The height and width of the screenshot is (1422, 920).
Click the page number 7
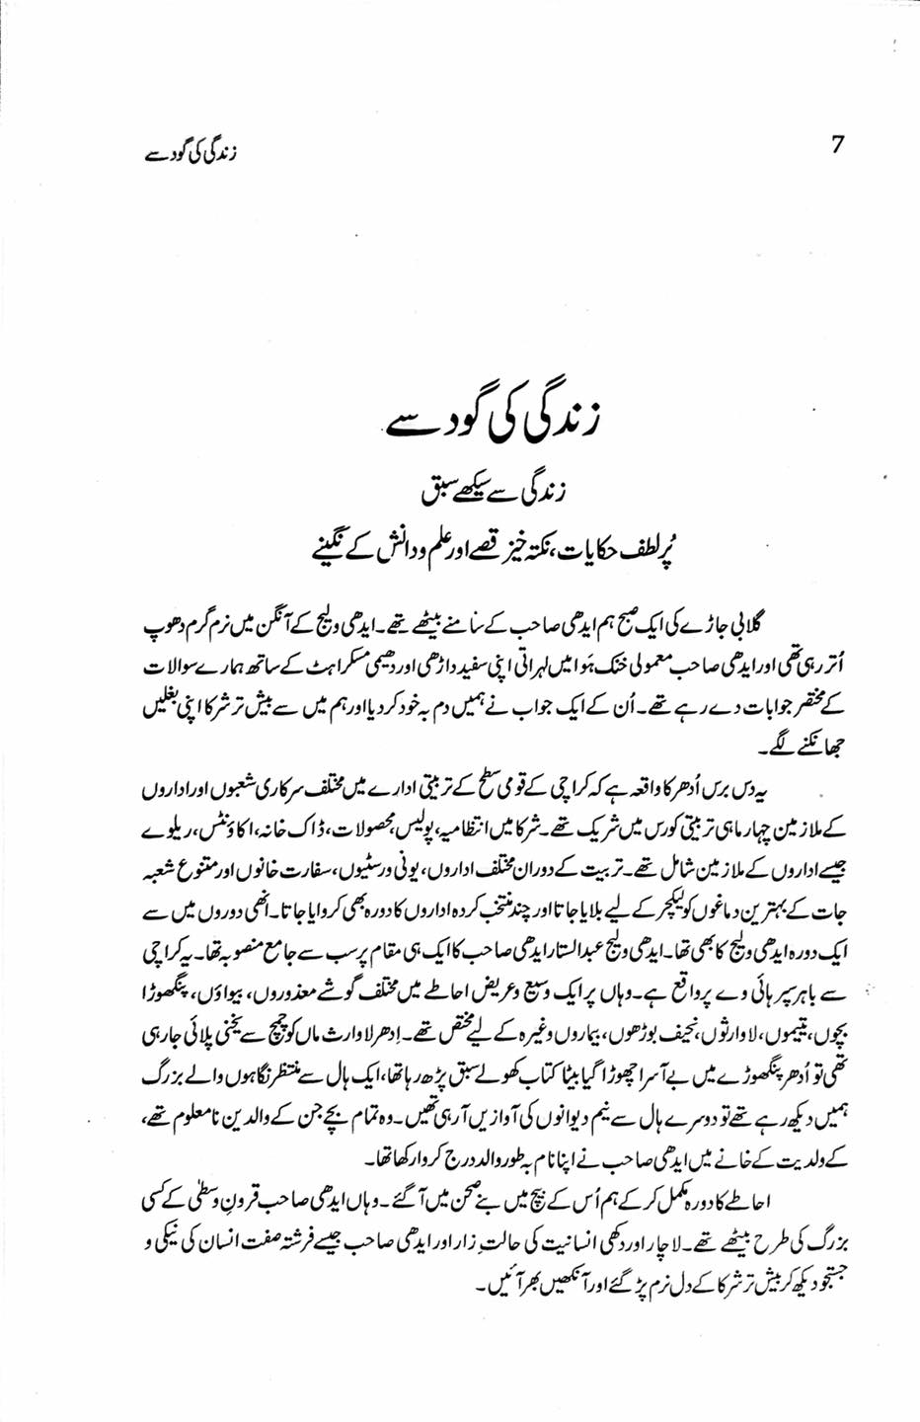click(839, 144)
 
